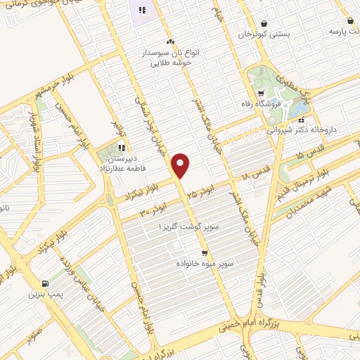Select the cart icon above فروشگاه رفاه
[261, 92]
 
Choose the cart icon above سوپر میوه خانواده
[205, 252]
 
